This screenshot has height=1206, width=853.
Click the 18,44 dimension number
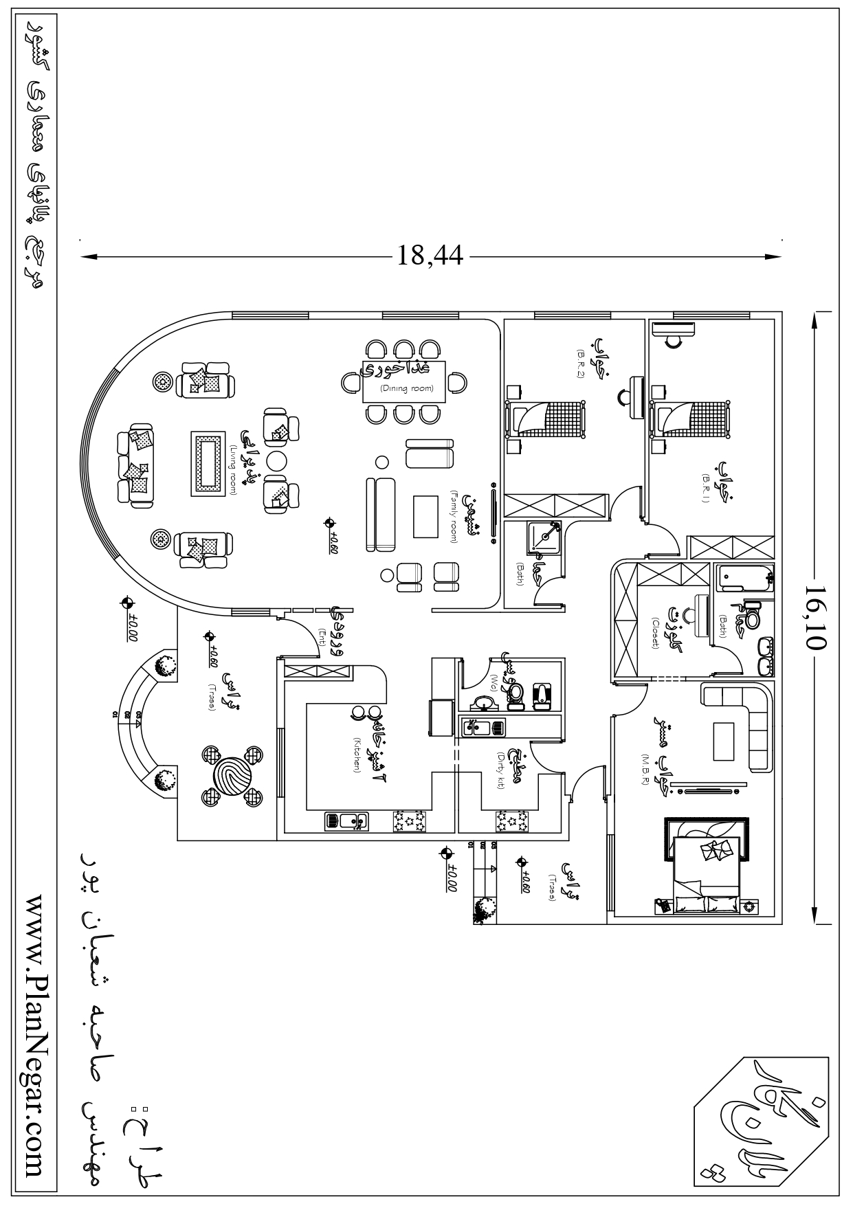point(430,257)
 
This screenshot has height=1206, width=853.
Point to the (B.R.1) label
point(705,489)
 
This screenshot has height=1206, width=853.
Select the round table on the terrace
point(232,775)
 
